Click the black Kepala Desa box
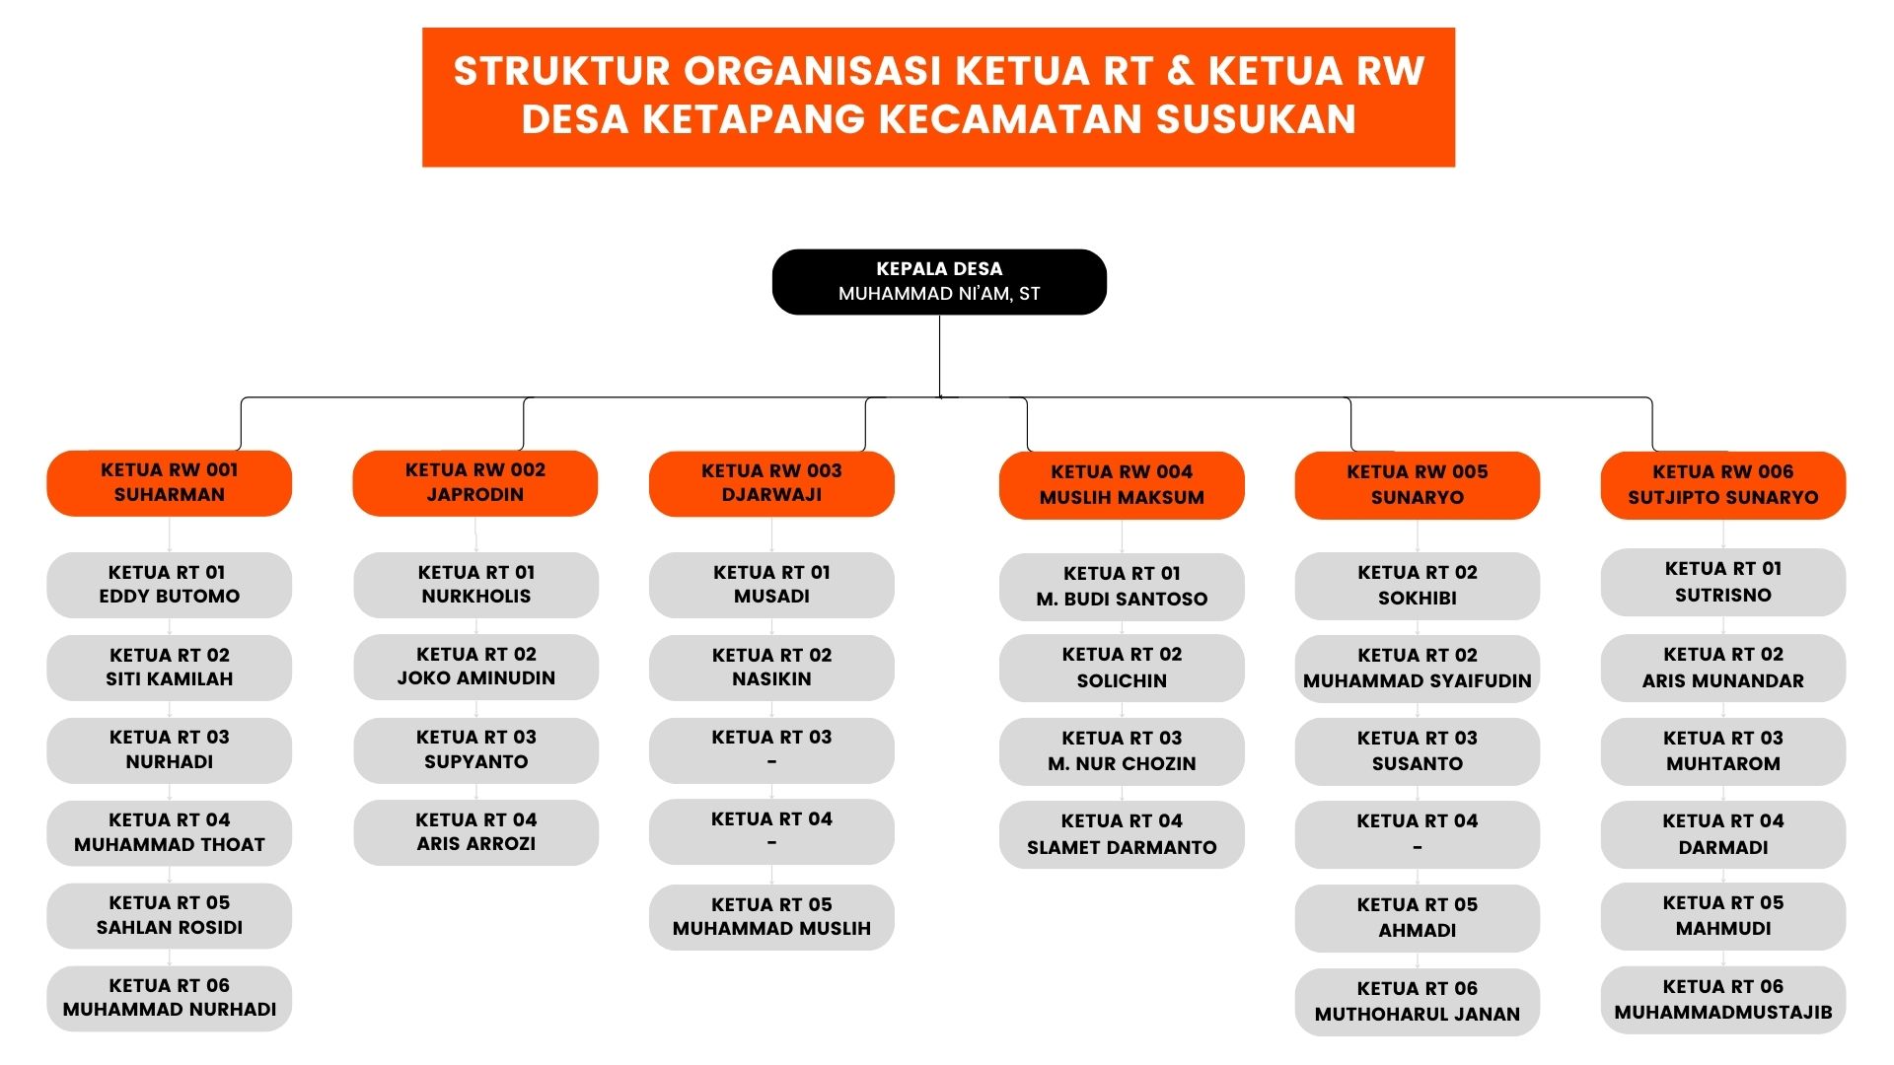pos(938,282)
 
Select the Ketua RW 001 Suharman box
pos(169,483)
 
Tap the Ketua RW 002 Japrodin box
pos(474,483)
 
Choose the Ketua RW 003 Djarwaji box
pos(771,483)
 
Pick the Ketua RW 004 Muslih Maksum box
pos(1121,485)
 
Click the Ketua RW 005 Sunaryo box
pos(1417,485)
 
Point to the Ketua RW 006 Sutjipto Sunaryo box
pos(1722,485)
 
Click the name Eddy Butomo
pos(169,597)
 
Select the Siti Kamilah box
pos(169,668)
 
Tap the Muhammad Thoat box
pos(169,833)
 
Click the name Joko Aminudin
pos(475,678)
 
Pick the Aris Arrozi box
pos(475,832)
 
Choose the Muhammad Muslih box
pos(771,917)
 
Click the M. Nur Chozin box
pos(1121,751)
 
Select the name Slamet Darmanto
pos(1121,847)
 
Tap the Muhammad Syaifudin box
pos(1417,669)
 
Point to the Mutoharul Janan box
pos(1417,1002)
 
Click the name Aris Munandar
pos(1722,680)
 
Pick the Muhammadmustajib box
pos(1722,1000)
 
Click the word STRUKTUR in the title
pos(561,71)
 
